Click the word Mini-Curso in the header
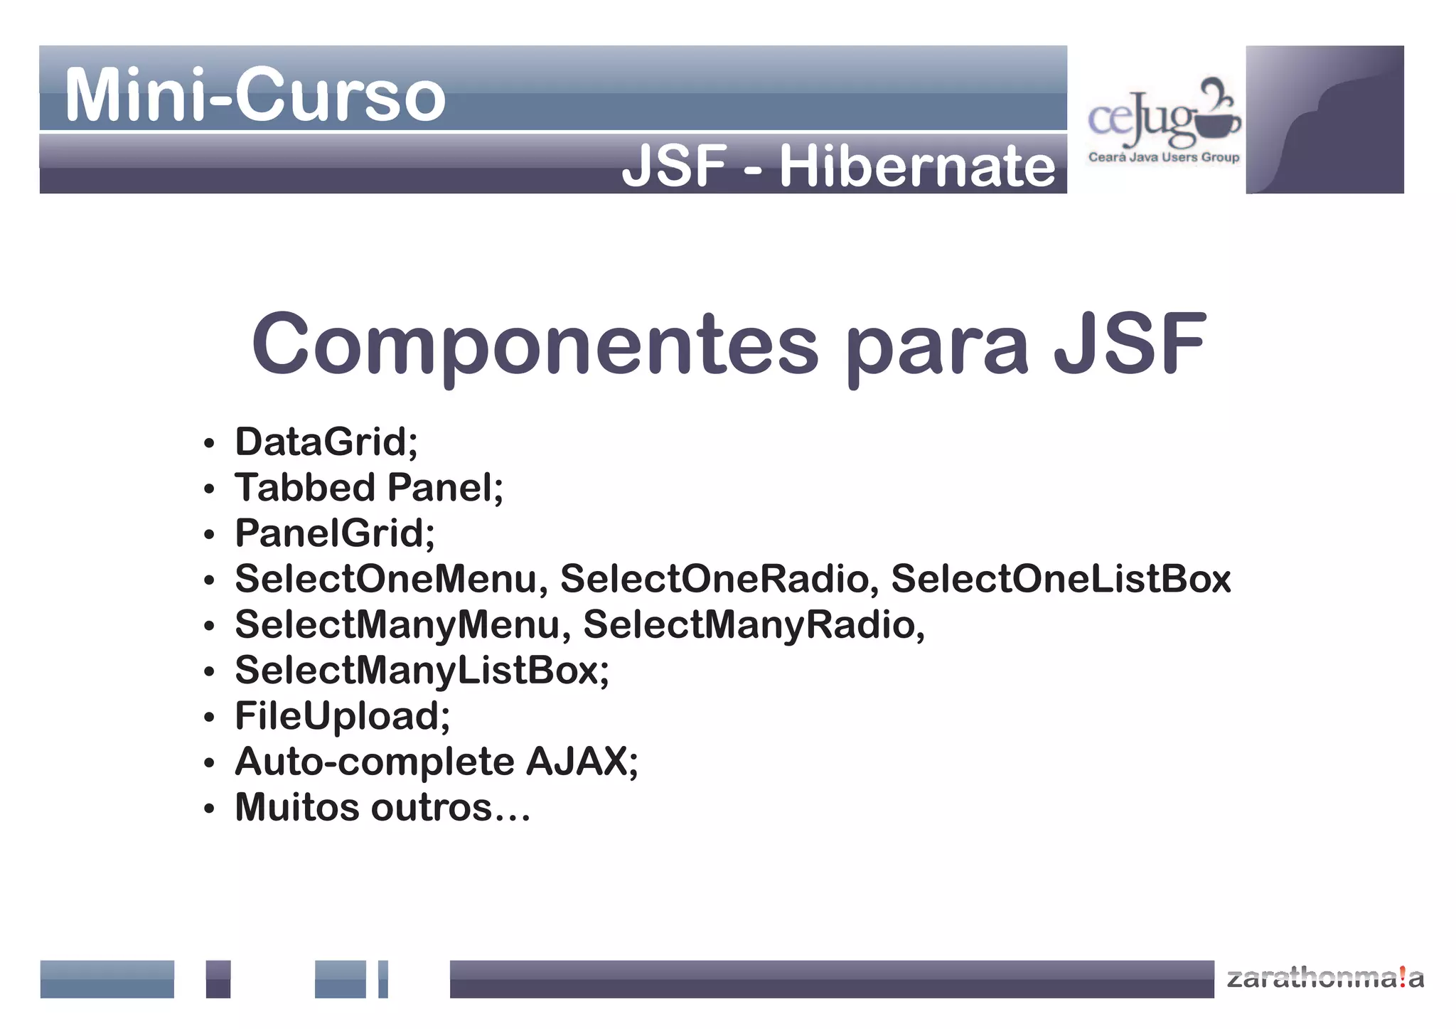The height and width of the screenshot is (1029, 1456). [255, 95]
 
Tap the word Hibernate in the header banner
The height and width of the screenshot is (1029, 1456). [917, 166]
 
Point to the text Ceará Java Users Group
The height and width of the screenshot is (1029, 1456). [1163, 157]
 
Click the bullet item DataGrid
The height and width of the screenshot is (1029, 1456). [326, 442]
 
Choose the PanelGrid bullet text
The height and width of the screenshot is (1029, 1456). [334, 533]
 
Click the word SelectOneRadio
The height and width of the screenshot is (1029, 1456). [714, 579]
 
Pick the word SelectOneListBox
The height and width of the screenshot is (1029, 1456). [1061, 579]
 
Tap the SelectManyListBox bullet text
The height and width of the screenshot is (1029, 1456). [422, 671]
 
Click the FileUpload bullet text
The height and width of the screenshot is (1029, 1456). [342, 716]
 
